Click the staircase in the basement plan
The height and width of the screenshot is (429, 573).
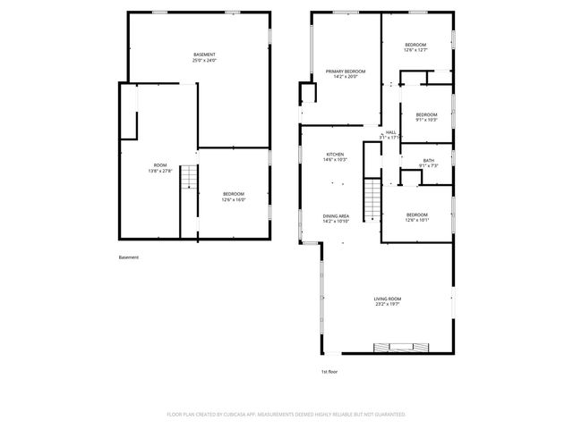coord(188,179)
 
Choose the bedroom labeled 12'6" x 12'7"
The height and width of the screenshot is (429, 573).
coord(415,47)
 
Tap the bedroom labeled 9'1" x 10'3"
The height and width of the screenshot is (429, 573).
coord(426,117)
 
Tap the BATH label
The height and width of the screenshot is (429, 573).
coord(428,162)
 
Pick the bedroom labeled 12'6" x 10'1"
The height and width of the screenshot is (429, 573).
coord(416,216)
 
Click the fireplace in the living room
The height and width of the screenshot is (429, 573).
coord(395,347)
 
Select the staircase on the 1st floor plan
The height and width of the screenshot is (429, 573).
coord(372,198)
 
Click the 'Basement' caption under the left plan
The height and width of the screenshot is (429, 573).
coord(128,258)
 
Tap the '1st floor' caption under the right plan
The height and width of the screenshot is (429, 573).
coord(329,371)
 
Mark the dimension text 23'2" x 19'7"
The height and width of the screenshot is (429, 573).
coord(388,306)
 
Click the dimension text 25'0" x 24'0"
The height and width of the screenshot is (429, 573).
coord(204,62)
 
